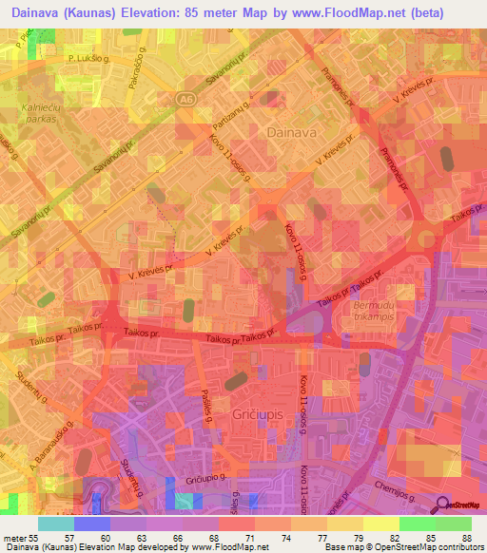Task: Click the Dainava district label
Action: [x=292, y=133]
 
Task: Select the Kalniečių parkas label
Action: [x=35, y=115]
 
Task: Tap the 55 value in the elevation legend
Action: [x=42, y=537]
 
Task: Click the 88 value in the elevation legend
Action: [x=469, y=537]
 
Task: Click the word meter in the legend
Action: [x=16, y=537]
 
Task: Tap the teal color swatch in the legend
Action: [x=56, y=524]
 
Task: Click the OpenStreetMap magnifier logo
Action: [x=442, y=505]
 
